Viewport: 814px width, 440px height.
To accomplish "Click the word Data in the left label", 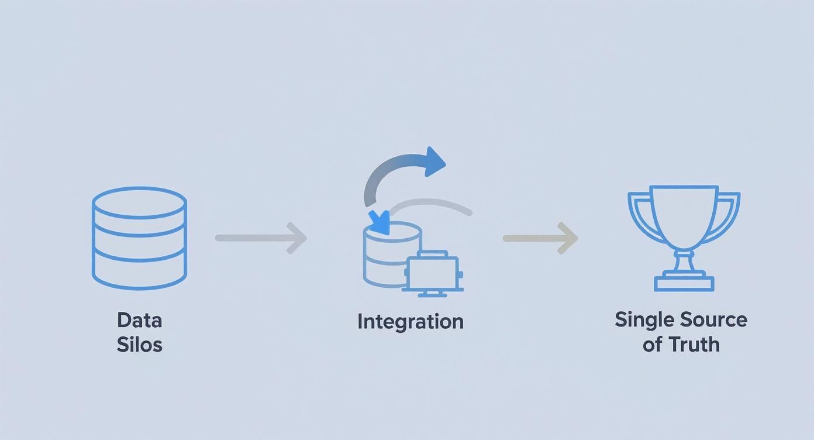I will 139,320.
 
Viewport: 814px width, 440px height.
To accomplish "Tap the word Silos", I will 139,344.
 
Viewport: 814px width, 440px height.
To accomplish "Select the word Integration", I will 410,321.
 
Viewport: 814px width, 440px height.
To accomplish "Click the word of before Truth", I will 653,344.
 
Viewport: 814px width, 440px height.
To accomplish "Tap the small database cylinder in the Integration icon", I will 383,257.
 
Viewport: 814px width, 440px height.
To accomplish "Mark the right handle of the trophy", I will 728,214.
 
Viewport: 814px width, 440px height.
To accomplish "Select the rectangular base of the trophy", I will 684,284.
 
